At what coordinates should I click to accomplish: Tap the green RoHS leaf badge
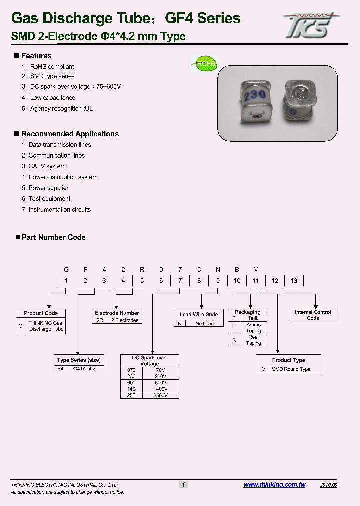point(204,64)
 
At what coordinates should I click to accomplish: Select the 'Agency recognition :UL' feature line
point(62,109)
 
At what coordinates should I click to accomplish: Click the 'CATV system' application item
point(47,166)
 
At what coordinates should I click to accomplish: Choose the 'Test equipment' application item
point(49,199)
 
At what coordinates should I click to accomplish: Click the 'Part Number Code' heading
point(53,237)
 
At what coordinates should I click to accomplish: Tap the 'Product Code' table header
point(41,313)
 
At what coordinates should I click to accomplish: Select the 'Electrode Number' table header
point(117,313)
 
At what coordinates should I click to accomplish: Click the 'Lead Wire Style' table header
point(198,314)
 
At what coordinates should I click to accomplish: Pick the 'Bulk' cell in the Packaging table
point(253,318)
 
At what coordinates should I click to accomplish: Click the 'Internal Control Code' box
point(313,315)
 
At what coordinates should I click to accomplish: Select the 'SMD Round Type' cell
point(291,369)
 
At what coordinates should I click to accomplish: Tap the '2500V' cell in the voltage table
point(160,395)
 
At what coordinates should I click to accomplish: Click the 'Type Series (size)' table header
point(79,360)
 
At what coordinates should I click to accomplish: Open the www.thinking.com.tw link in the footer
point(274,485)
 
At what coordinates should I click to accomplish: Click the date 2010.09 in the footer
point(328,485)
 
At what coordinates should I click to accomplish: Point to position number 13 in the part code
point(294,281)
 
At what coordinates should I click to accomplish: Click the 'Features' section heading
point(36,56)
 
